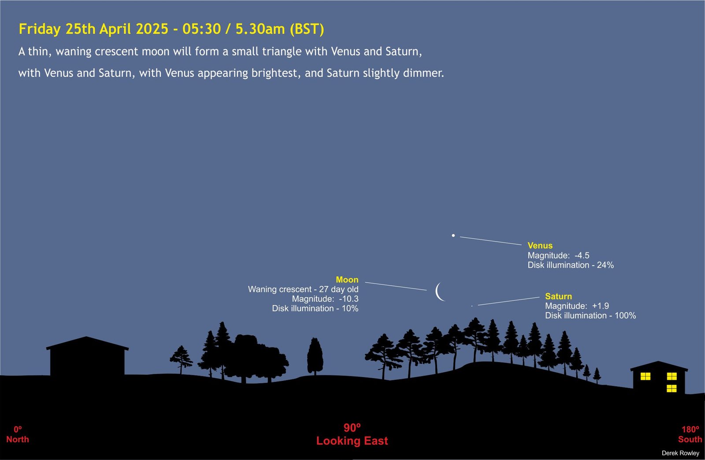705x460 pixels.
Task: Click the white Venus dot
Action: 453,236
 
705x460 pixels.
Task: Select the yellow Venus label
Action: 540,246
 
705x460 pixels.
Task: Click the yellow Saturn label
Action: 559,296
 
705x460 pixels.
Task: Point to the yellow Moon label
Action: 347,280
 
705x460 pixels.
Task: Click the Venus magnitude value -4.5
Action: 582,255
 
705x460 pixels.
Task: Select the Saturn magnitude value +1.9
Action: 601,306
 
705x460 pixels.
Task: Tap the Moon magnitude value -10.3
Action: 349,299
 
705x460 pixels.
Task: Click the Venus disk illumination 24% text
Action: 571,265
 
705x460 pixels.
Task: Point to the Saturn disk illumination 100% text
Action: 590,315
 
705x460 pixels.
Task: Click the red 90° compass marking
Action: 352,427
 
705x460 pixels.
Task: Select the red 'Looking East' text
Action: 352,441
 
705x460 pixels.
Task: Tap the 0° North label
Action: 18,434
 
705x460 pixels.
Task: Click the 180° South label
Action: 690,434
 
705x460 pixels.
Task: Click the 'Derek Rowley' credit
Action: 680,453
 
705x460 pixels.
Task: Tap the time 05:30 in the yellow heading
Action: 201,29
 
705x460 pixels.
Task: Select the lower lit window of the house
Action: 672,389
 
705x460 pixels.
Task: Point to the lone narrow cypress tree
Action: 315,356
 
